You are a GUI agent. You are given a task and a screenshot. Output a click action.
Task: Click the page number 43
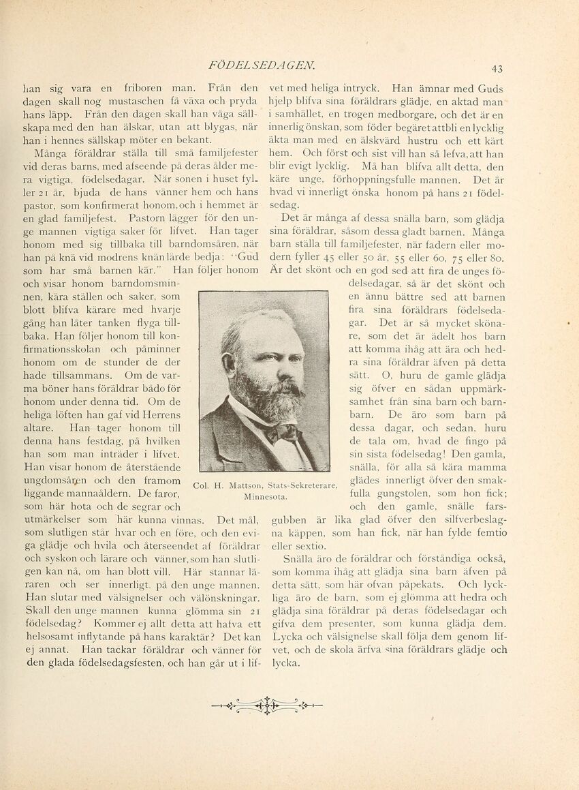click(497, 68)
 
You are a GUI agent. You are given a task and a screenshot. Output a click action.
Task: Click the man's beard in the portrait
click(260, 395)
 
